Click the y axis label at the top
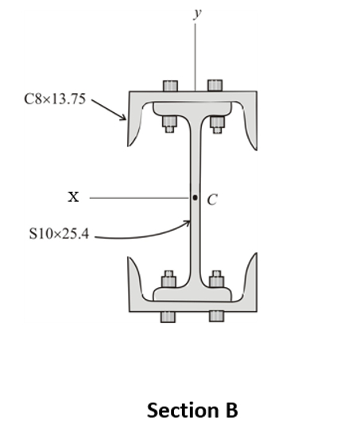click(x=195, y=14)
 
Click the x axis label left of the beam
click(x=73, y=196)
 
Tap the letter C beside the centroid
click(x=212, y=200)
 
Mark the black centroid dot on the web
click(x=195, y=197)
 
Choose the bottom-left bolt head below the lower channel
click(x=168, y=317)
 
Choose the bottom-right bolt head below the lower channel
click(x=216, y=317)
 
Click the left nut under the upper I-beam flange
click(x=168, y=123)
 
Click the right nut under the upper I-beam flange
click(x=216, y=123)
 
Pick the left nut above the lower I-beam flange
click(x=168, y=279)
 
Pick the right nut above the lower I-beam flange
click(x=216, y=279)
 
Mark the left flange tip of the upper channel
click(x=130, y=143)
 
